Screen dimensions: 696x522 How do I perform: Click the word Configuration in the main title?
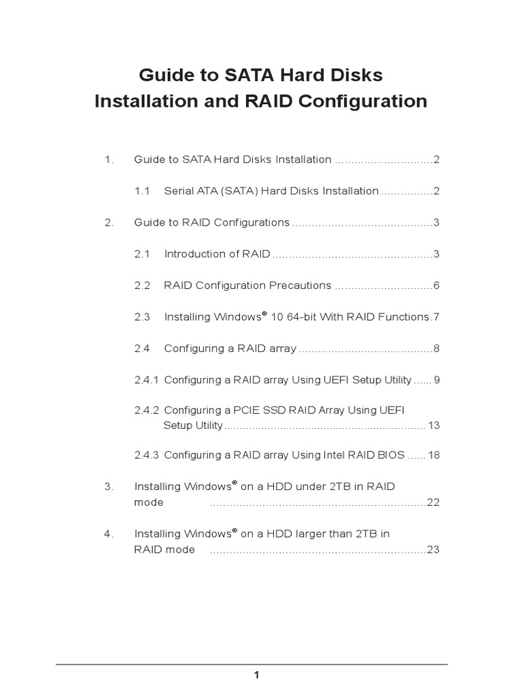pyautogui.click(x=363, y=102)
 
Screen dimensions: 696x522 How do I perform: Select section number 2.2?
pyautogui.click(x=142, y=285)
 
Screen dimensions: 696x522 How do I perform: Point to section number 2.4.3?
pyautogui.click(x=146, y=455)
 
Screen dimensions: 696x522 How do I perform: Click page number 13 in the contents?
pyautogui.click(x=434, y=425)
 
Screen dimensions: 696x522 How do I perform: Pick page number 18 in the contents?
pyautogui.click(x=434, y=455)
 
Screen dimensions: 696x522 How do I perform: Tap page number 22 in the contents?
pyautogui.click(x=434, y=502)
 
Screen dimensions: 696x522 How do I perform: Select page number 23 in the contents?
pyautogui.click(x=434, y=550)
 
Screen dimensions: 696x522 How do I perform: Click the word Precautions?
pyautogui.click(x=298, y=285)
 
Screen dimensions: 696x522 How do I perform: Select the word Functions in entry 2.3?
pyautogui.click(x=404, y=317)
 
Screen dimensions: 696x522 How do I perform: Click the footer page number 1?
pyautogui.click(x=256, y=675)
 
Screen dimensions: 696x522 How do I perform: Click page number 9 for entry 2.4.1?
pyautogui.click(x=437, y=379)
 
